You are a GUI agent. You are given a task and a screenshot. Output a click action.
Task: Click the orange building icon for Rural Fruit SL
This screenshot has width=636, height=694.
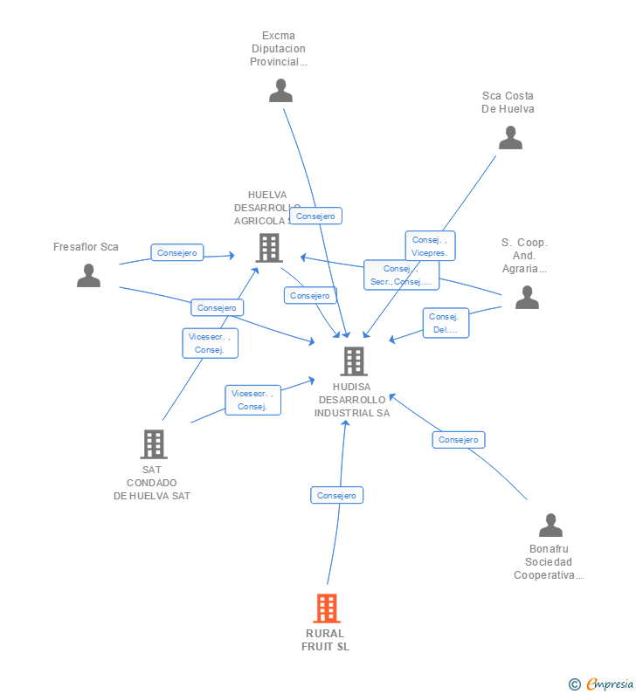pos(326,608)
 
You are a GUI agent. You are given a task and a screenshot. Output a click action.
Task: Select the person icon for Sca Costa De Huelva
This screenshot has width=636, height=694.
pos(510,138)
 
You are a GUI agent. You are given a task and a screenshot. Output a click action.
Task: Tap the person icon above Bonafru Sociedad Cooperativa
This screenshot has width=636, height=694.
pos(550,525)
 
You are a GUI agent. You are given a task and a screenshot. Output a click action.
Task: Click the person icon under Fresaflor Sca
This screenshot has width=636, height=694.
pos(88,276)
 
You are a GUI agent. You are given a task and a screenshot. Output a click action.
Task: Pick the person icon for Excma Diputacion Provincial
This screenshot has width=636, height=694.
pos(280,91)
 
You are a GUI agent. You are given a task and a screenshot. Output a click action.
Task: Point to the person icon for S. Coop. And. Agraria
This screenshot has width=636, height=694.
pos(527,298)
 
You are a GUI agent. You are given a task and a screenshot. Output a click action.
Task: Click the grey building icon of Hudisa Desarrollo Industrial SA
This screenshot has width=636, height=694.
pos(353,361)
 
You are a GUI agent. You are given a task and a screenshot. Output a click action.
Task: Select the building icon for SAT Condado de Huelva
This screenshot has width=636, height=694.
pos(154,443)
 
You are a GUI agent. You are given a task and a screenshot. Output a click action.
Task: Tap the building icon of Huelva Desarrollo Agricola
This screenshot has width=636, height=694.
pos(269,248)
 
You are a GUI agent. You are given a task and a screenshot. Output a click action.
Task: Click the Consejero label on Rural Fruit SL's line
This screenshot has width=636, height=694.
pos(336,495)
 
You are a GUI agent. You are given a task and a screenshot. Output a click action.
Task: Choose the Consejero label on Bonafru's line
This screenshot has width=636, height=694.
pos(458,440)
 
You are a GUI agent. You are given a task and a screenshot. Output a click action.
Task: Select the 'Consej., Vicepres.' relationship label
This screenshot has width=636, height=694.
pos(430,246)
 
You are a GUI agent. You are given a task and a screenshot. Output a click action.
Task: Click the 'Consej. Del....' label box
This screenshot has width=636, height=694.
pos(446,323)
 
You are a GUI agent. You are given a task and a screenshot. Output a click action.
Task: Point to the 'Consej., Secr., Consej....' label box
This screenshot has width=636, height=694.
pos(401,275)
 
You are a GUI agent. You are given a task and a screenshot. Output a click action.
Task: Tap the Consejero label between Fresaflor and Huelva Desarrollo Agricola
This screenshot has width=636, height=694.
pos(176,252)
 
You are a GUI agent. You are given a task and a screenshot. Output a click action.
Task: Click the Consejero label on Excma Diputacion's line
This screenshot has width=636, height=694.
pos(315,216)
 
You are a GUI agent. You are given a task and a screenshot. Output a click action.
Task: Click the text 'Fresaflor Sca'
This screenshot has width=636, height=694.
pos(86,247)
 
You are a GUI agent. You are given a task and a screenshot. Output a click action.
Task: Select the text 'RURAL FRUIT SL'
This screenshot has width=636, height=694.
pos(325,640)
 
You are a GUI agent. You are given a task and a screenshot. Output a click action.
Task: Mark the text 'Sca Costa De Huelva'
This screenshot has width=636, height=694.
pos(508,102)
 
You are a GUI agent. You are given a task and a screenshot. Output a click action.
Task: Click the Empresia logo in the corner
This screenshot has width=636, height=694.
pos(601,684)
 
